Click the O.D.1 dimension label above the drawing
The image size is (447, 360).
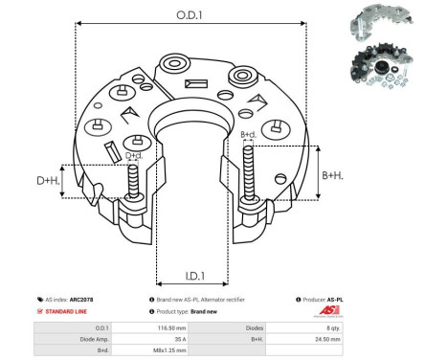(189, 13)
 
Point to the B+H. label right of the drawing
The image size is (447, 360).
(333, 175)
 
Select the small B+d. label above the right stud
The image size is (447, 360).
(248, 134)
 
